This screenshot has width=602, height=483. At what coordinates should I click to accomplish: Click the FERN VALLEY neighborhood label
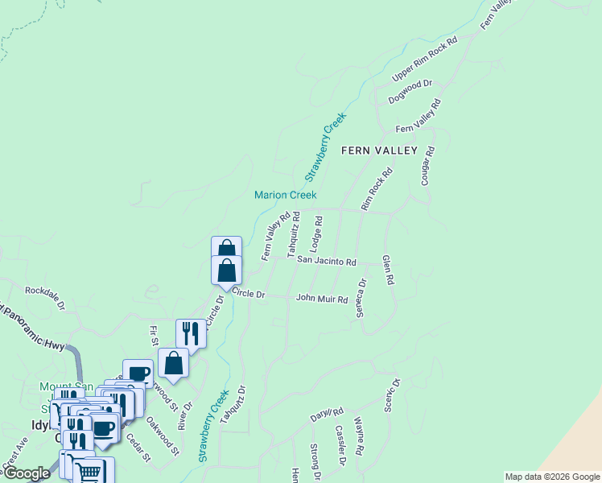(379, 151)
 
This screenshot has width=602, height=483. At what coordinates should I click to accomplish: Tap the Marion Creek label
(286, 195)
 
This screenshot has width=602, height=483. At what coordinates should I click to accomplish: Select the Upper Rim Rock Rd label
(424, 58)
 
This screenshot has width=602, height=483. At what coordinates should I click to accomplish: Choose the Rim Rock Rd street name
(377, 189)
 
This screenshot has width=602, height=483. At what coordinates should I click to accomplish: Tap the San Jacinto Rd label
(326, 262)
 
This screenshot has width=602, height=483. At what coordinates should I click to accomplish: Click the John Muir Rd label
(322, 299)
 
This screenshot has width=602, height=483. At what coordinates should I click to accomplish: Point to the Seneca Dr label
(362, 298)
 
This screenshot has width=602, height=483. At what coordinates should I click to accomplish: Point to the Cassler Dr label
(339, 444)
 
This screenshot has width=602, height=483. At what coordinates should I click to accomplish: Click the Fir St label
(154, 336)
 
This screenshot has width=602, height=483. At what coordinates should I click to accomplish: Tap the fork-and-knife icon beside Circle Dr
(191, 332)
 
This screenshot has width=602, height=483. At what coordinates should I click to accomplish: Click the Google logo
(27, 473)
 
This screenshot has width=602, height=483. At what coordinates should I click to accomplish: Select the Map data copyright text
(552, 477)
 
